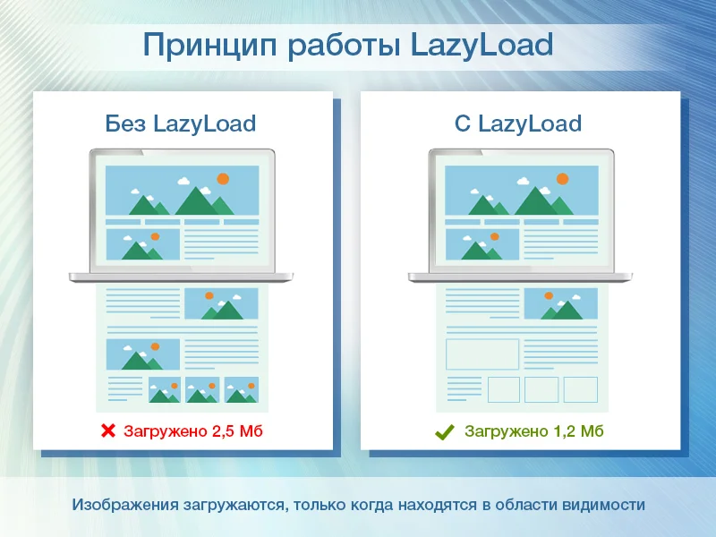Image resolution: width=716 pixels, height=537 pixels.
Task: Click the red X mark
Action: [107, 431]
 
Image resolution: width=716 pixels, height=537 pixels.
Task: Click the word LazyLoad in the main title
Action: [482, 45]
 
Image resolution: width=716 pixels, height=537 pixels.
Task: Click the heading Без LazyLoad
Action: [180, 123]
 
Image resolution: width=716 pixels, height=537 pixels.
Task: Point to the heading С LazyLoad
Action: [517, 123]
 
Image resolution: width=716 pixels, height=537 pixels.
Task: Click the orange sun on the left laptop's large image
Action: [223, 179]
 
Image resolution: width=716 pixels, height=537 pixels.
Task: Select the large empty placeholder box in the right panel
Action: [482, 354]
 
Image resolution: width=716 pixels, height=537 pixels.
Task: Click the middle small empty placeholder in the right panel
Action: [541, 389]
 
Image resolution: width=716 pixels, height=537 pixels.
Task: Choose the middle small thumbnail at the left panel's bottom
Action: [202, 390]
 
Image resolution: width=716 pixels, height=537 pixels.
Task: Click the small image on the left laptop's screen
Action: [143, 244]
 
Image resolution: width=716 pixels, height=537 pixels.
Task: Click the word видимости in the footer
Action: [602, 505]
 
